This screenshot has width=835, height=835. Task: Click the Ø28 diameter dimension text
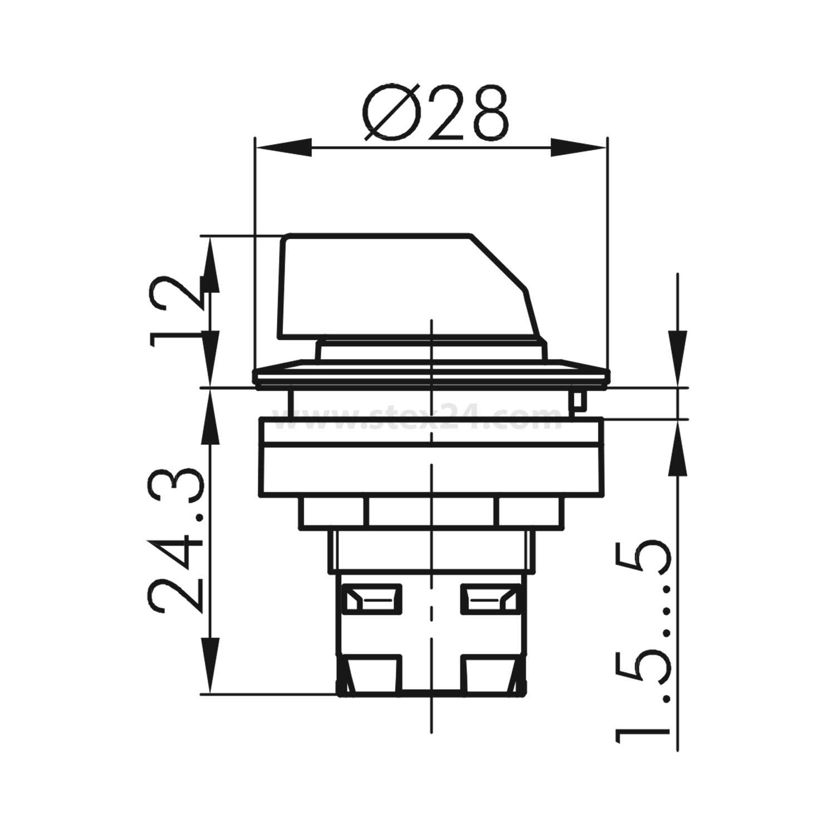click(x=437, y=113)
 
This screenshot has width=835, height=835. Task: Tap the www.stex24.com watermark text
click(x=423, y=419)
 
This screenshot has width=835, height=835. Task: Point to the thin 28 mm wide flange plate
click(x=430, y=376)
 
